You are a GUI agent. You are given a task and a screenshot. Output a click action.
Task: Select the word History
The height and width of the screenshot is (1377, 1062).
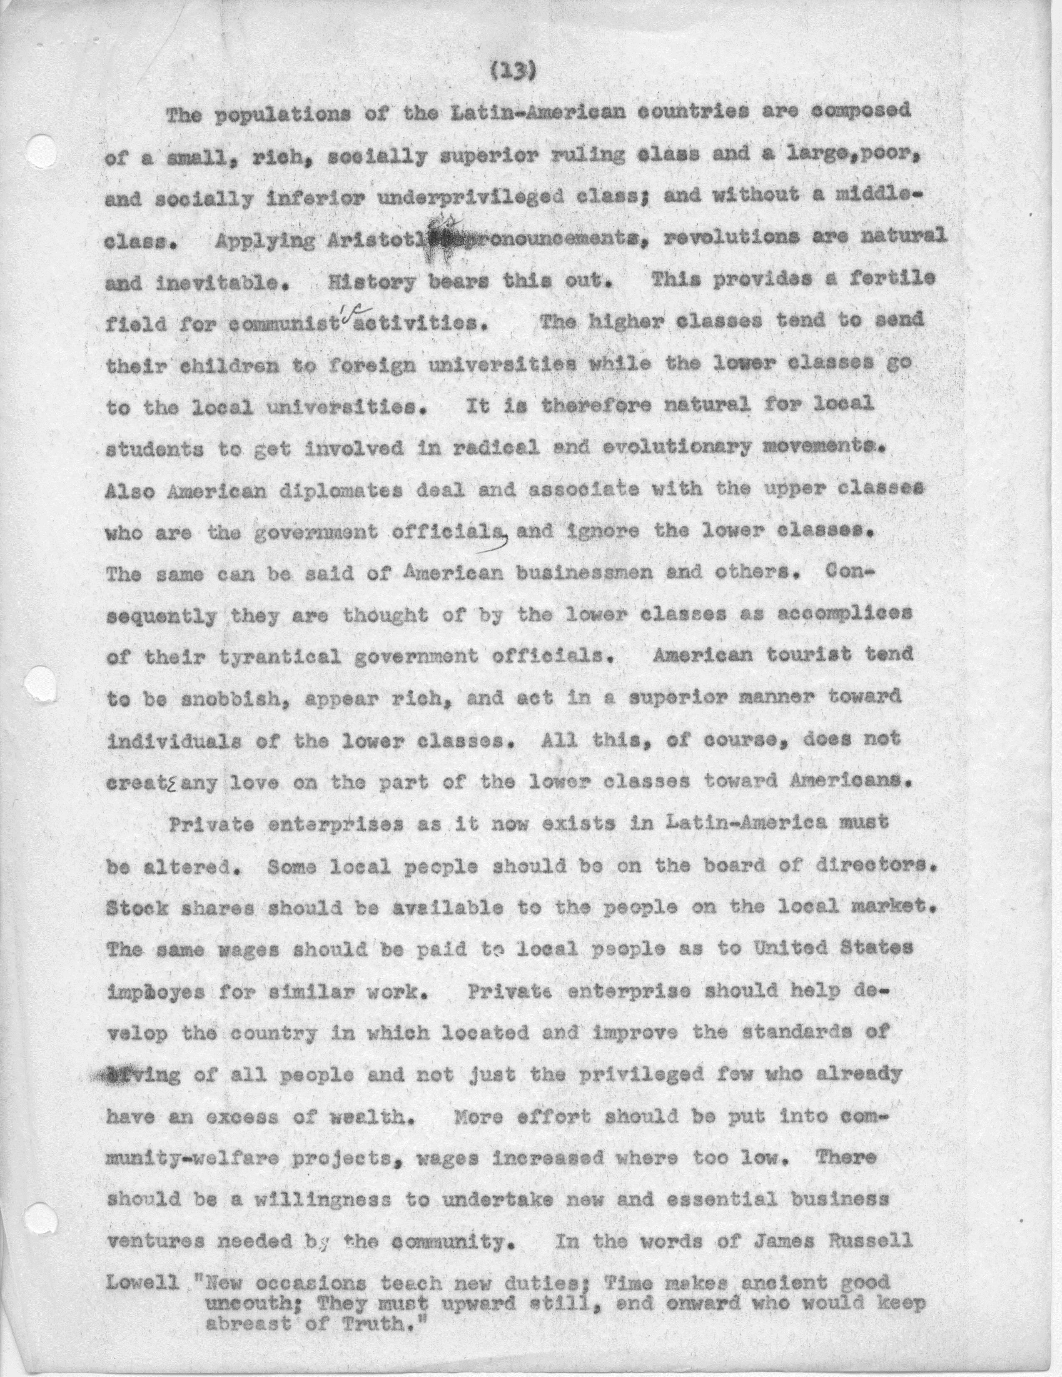click(x=372, y=281)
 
